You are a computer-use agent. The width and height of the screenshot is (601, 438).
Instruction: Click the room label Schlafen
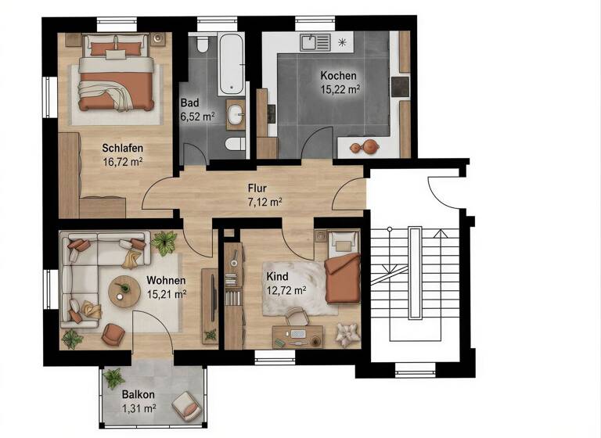(x=121, y=148)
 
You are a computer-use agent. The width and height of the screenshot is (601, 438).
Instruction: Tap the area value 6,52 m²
(x=197, y=117)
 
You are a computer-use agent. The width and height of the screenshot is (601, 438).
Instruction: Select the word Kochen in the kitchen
(x=338, y=76)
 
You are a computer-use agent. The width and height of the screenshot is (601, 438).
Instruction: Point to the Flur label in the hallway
(x=257, y=188)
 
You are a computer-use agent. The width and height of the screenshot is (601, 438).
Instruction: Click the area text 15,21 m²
(x=166, y=295)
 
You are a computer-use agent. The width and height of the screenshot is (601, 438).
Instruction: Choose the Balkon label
(x=138, y=394)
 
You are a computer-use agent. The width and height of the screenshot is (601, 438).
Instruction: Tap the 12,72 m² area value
(x=286, y=290)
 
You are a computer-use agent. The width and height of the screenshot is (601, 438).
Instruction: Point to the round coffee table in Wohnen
(x=122, y=291)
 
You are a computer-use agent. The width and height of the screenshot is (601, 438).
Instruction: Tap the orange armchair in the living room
(x=113, y=336)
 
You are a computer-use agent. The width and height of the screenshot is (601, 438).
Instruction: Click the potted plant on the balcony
(x=113, y=377)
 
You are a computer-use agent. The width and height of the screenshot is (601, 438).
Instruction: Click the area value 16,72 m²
(x=121, y=162)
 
